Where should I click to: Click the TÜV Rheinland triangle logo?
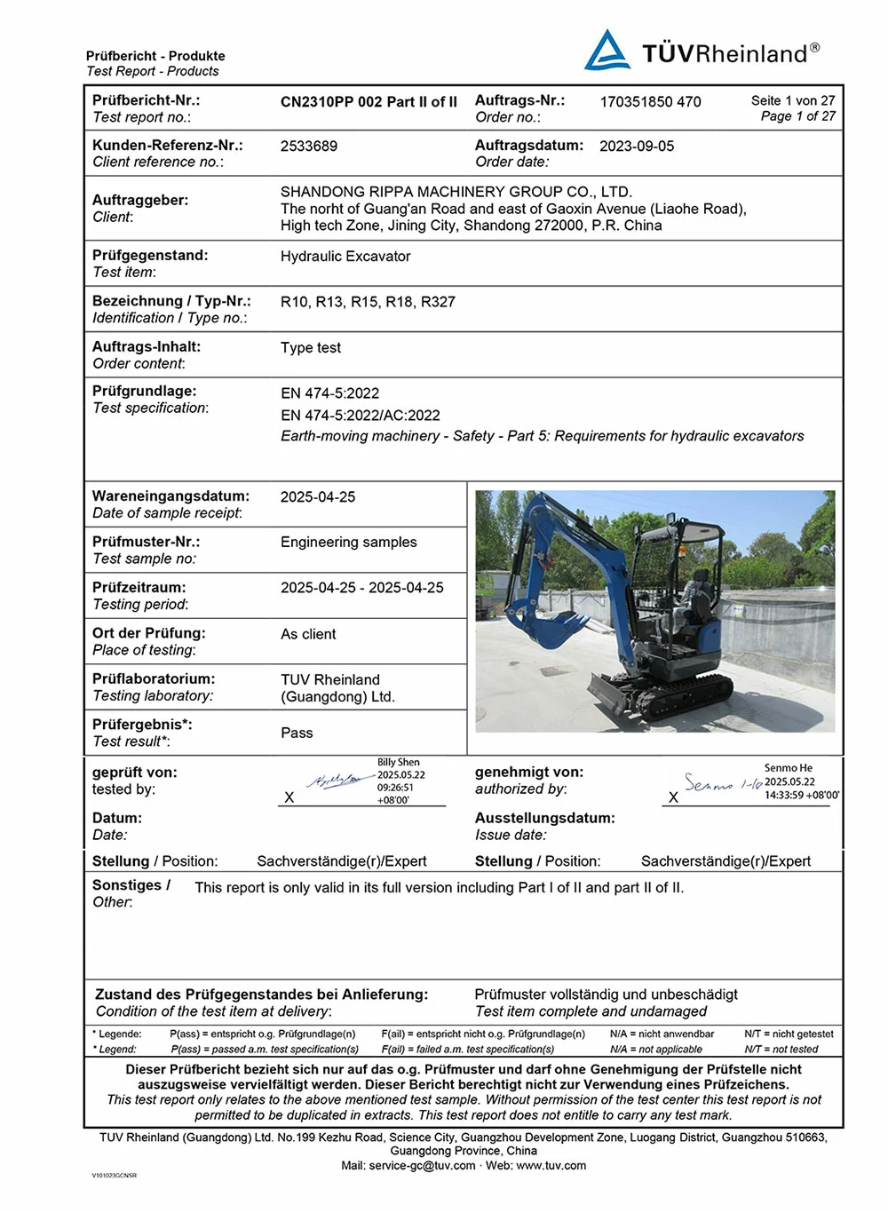pyautogui.click(x=607, y=52)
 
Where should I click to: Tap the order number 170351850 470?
pyautogui.click(x=650, y=102)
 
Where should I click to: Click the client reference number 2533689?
pyautogui.click(x=309, y=147)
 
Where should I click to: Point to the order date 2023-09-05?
pyautogui.click(x=637, y=147)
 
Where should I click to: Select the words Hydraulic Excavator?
pyautogui.click(x=345, y=257)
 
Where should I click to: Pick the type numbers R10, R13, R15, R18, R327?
pyautogui.click(x=368, y=302)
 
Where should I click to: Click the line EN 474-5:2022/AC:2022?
pyautogui.click(x=361, y=415)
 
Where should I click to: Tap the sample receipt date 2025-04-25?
pyautogui.click(x=318, y=497)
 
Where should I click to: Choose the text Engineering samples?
pyautogui.click(x=348, y=543)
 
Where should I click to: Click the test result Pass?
pyautogui.click(x=297, y=733)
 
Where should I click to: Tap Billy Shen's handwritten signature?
pyautogui.click(x=334, y=781)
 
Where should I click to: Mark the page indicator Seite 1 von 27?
pyautogui.click(x=793, y=101)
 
